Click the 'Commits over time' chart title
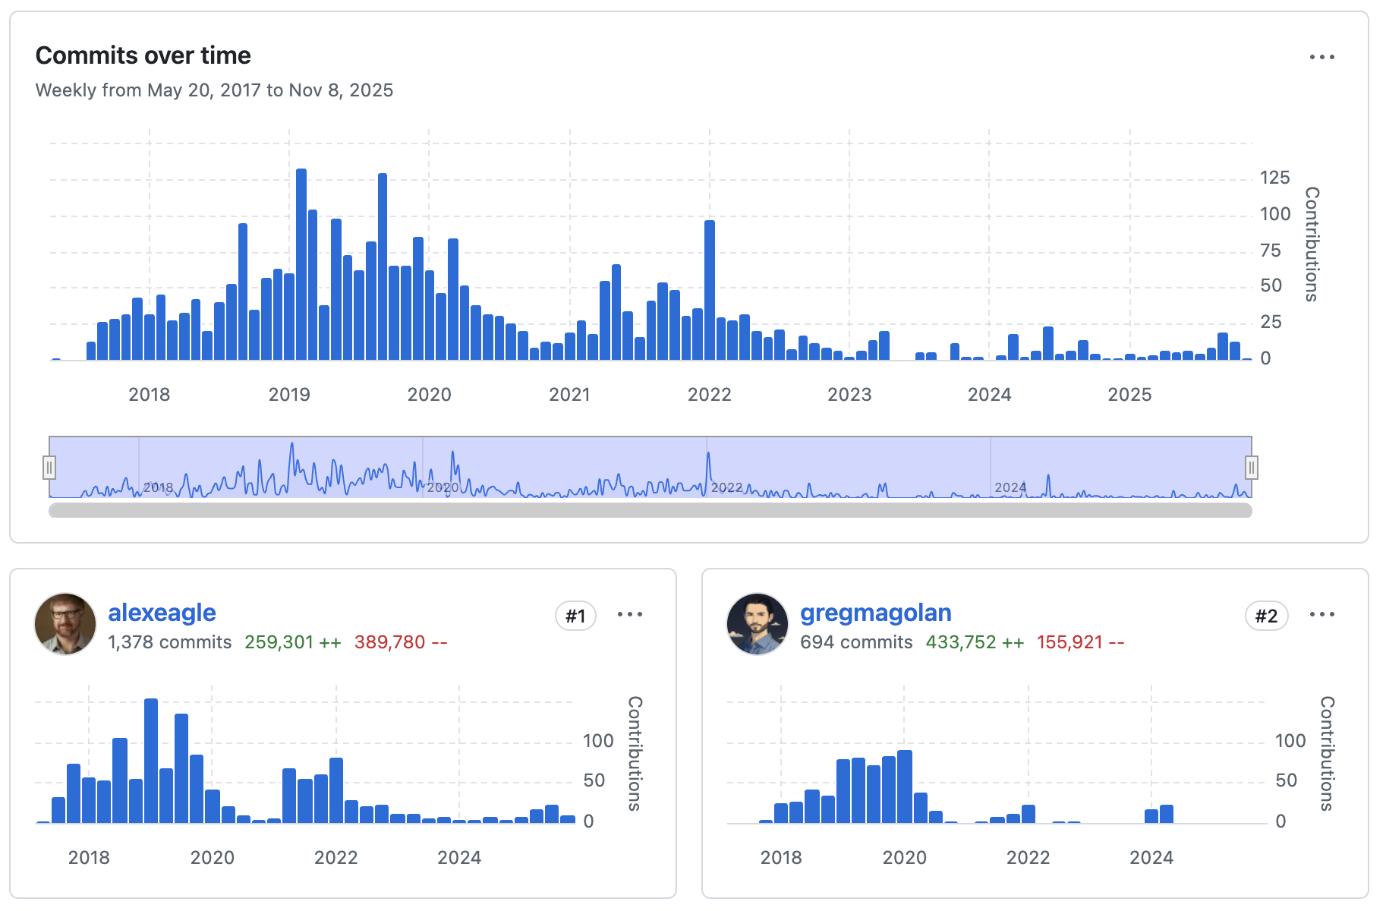tap(143, 55)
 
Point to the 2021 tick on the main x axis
tap(569, 395)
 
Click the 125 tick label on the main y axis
tap(1274, 178)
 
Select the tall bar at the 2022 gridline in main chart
tap(710, 290)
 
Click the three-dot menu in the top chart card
tap(1321, 57)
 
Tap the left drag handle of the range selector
tap(49, 467)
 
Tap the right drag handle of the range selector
tap(1251, 467)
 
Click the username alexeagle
tap(162, 613)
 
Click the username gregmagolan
tap(875, 613)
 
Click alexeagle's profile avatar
tap(65, 624)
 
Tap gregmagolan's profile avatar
tap(758, 624)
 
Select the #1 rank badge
tap(575, 616)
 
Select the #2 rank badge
tap(1266, 616)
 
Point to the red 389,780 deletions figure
tap(389, 642)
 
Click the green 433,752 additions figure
tap(960, 642)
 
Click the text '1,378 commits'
tap(169, 642)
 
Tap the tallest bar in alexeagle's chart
tap(151, 761)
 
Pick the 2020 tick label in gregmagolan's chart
tap(904, 858)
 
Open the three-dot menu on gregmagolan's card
tap(1321, 614)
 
